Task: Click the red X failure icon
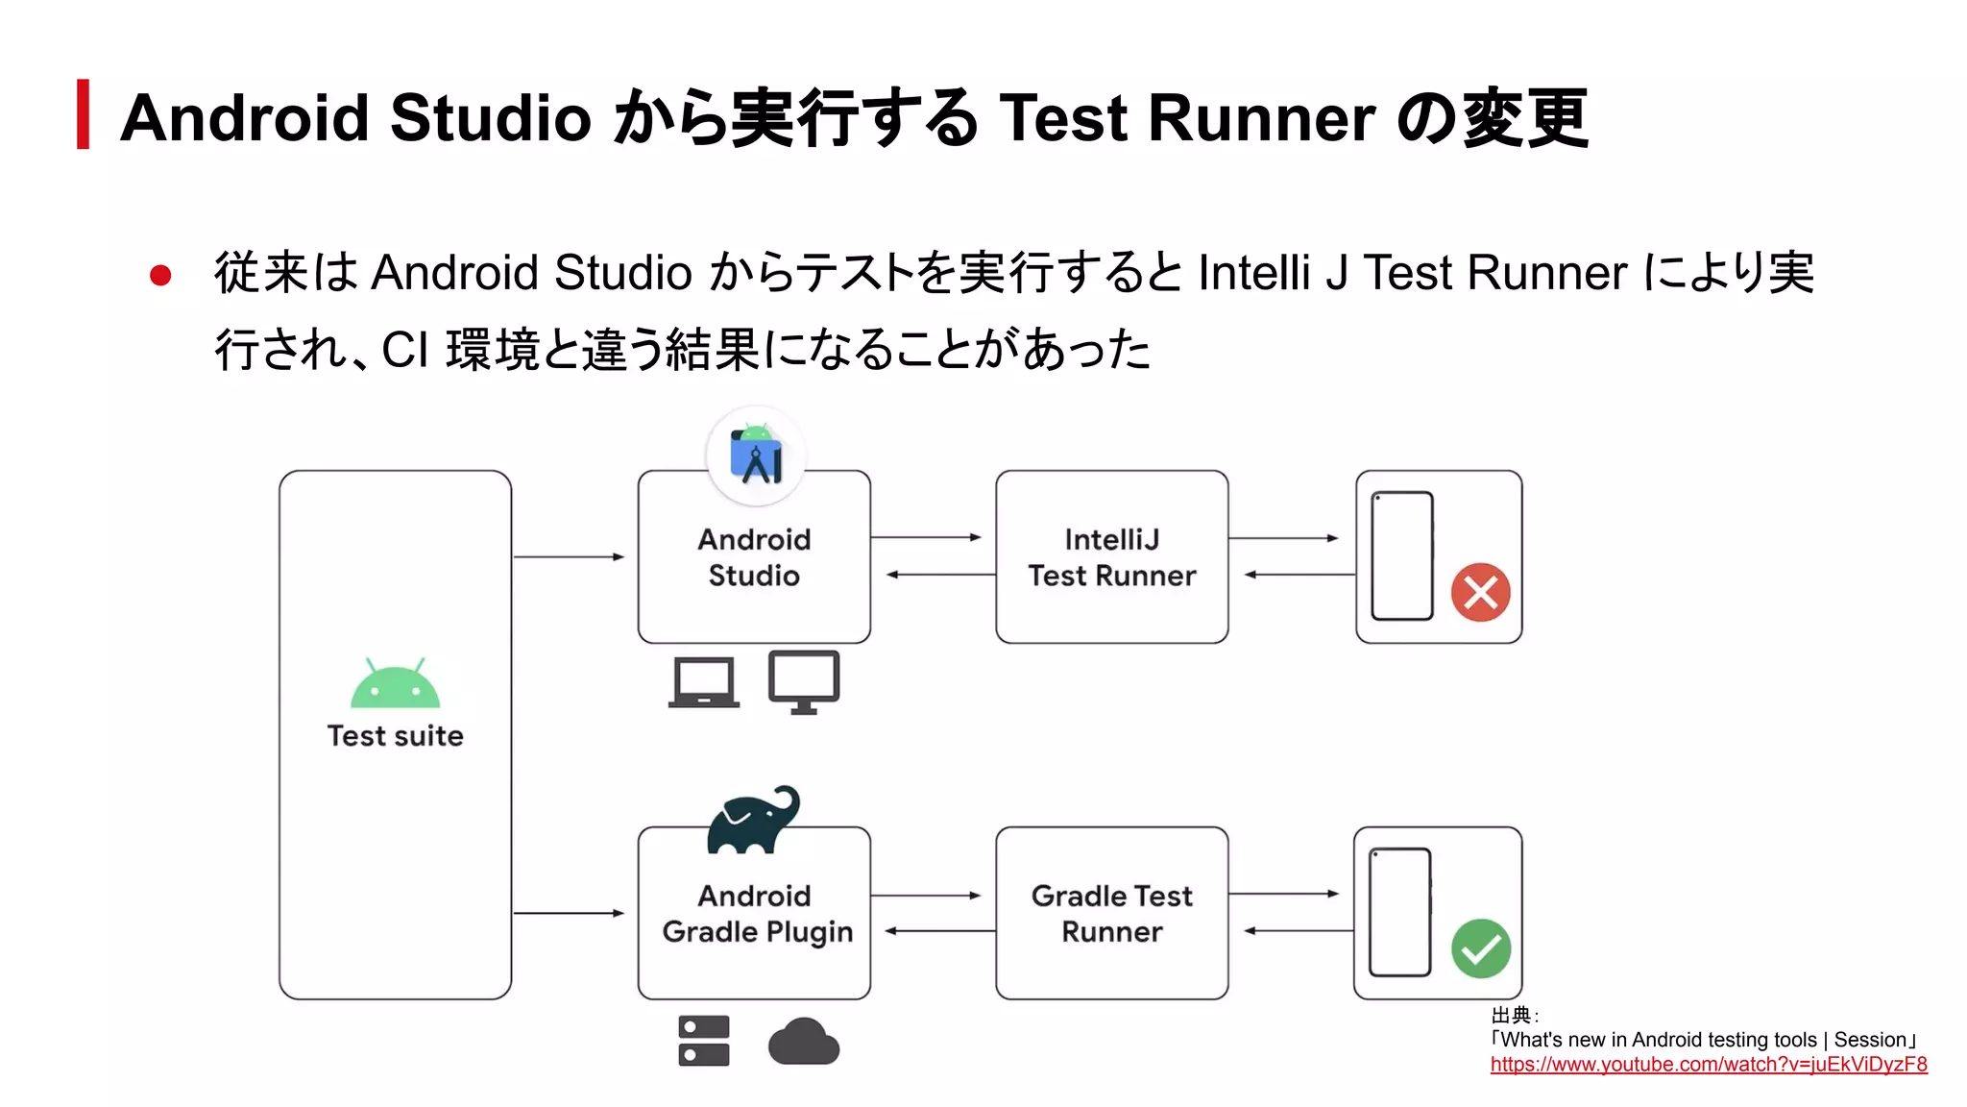(x=1480, y=592)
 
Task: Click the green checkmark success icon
(x=1480, y=948)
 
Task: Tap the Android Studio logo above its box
(x=756, y=455)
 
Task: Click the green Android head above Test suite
(x=395, y=683)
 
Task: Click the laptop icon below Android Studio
(x=704, y=682)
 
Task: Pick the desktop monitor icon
(x=804, y=681)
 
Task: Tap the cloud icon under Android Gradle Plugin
(x=804, y=1042)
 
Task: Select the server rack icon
(x=704, y=1041)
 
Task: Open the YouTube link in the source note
(x=1708, y=1065)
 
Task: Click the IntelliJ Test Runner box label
(x=1111, y=557)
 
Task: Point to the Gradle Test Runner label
(x=1111, y=914)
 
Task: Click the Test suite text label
(x=395, y=736)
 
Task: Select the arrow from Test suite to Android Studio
(x=569, y=556)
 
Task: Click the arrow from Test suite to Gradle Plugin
(x=569, y=913)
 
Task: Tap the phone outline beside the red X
(x=1401, y=556)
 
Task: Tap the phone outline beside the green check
(x=1399, y=913)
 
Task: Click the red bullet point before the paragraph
(x=160, y=277)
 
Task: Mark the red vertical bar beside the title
(x=84, y=114)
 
